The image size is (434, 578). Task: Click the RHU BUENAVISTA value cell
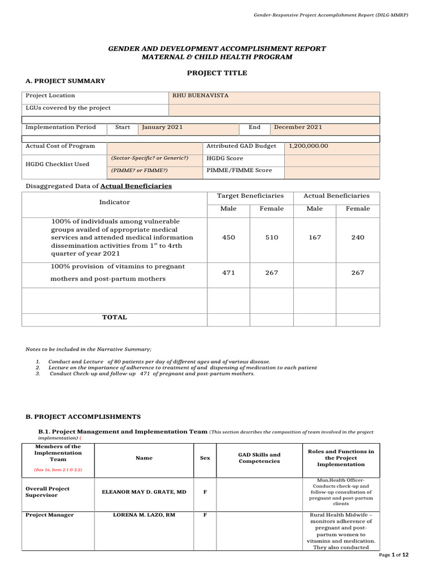click(201, 96)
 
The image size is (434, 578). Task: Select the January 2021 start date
click(162, 128)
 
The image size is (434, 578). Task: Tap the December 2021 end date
click(298, 128)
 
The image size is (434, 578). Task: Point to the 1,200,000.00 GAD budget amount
click(309, 146)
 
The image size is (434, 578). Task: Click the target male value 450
click(229, 238)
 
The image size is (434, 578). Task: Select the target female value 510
click(272, 238)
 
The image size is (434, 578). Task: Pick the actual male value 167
click(315, 238)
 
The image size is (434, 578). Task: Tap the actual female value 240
click(358, 238)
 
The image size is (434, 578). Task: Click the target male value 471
click(229, 273)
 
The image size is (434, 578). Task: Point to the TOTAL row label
click(115, 318)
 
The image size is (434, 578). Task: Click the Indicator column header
click(115, 202)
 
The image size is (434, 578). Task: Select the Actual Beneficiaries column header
click(337, 196)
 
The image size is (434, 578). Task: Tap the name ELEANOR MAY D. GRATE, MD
click(144, 492)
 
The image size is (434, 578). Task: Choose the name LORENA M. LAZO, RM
click(144, 515)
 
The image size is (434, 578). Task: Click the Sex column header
click(205, 458)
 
